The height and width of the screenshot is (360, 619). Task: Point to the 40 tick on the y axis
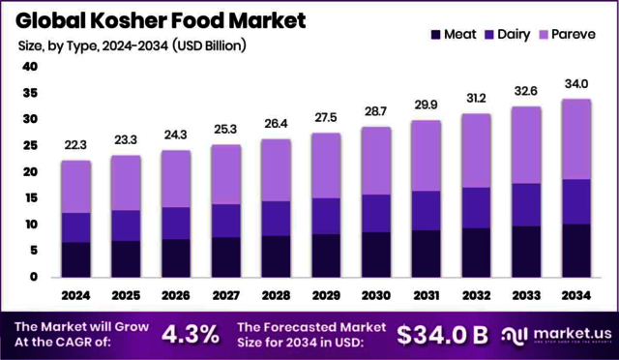(x=29, y=67)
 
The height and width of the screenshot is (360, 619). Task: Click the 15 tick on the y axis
(x=29, y=198)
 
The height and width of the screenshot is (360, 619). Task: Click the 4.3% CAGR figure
(x=190, y=334)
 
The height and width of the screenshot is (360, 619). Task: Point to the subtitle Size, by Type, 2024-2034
(x=132, y=45)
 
